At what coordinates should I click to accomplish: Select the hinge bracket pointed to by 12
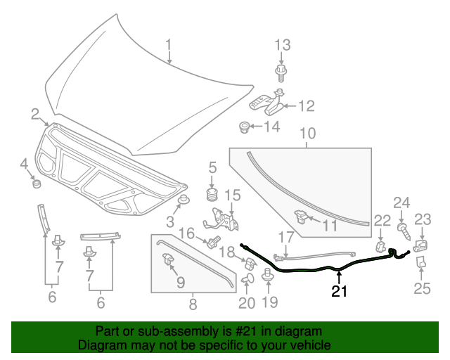[267, 104]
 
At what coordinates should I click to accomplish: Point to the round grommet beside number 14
[245, 127]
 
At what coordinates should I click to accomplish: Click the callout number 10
[308, 134]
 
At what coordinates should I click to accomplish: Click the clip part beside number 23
[420, 245]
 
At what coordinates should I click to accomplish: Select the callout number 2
[34, 114]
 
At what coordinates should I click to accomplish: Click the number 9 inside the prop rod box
[181, 282]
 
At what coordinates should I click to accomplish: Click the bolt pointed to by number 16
[210, 243]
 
